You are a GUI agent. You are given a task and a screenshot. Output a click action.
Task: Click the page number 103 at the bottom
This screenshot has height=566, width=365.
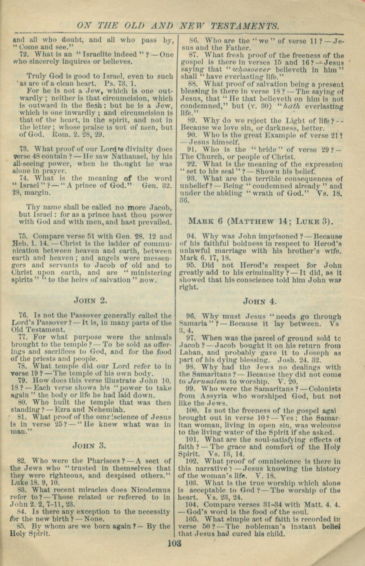pos(175,544)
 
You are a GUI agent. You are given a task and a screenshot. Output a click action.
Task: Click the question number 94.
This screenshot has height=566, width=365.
pos(191,236)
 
